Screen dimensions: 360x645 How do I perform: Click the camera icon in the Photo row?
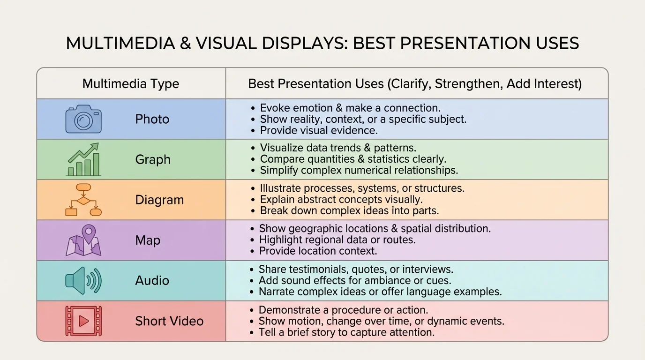coord(83,119)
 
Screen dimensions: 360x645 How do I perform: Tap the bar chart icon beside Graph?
coord(83,159)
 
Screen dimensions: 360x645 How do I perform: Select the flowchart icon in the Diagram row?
coord(83,200)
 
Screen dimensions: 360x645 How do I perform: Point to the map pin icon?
coord(83,240)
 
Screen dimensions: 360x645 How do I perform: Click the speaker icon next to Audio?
coord(83,280)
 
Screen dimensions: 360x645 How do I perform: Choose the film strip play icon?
coord(83,321)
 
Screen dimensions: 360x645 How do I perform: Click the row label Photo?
coord(152,119)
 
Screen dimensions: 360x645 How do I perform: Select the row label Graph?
coord(153,159)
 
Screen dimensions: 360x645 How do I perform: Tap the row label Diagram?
coord(159,200)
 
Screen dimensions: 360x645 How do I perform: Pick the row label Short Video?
coord(169,321)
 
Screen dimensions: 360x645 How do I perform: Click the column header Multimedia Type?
coord(131,84)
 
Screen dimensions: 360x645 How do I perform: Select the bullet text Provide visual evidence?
coord(319,130)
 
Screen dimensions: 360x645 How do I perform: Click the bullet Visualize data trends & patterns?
coord(338,148)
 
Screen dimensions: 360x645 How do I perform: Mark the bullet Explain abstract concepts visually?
coord(341,200)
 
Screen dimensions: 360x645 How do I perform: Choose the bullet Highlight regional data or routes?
coord(337,240)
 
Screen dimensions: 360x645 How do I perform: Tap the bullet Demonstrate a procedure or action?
coord(343,310)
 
